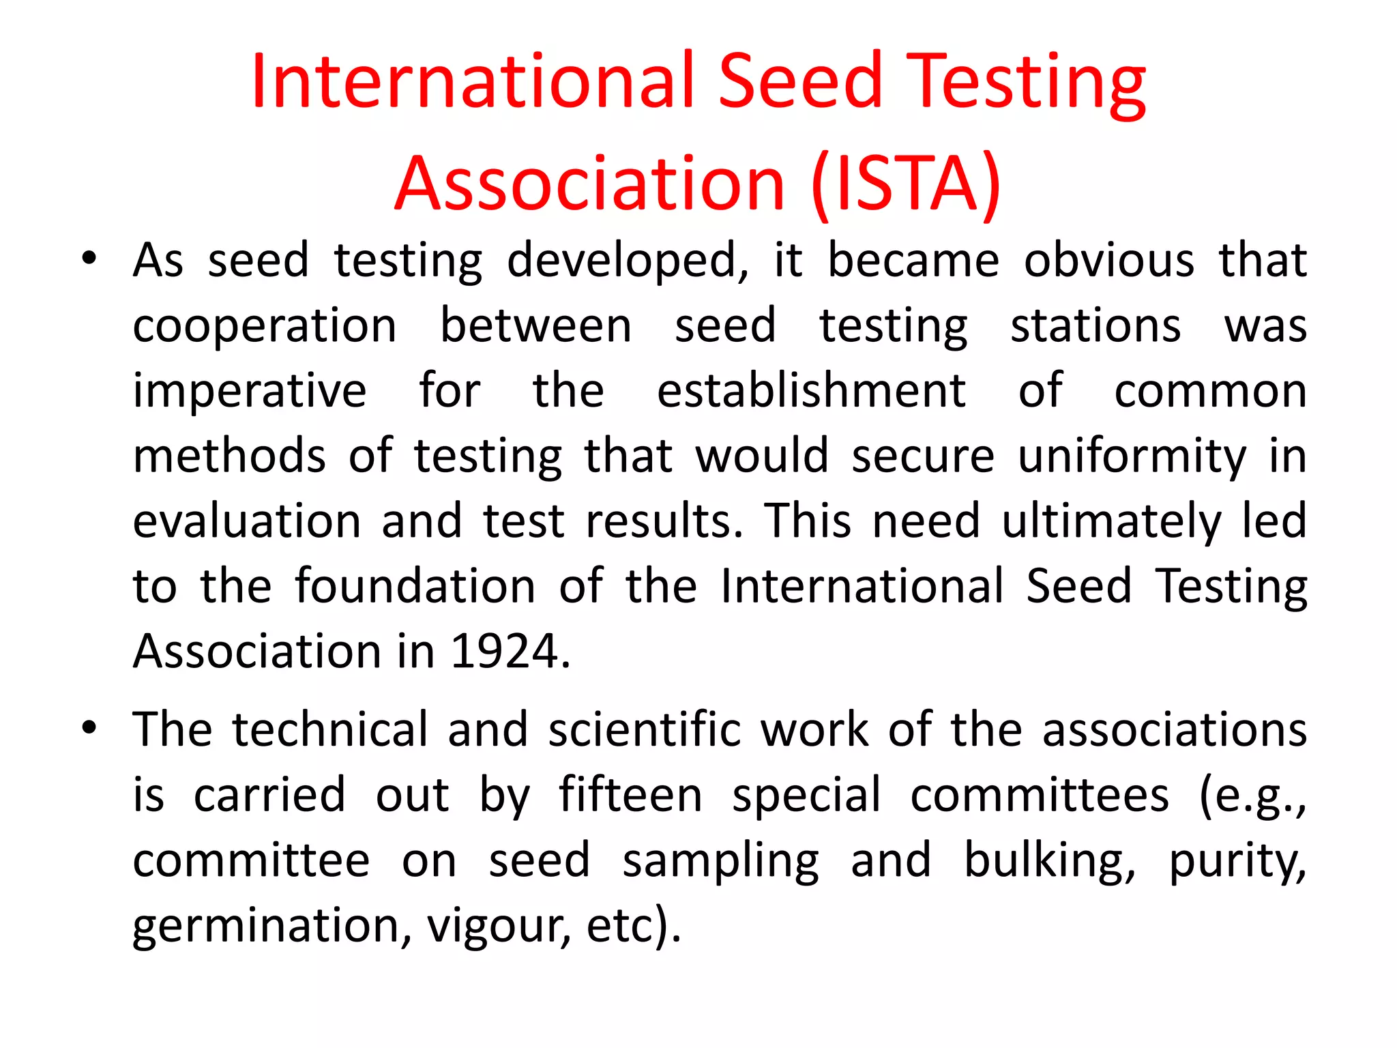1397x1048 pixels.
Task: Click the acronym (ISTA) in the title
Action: coord(906,184)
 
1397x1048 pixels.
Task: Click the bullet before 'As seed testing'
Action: coord(89,260)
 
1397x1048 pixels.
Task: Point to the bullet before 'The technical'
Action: coord(89,728)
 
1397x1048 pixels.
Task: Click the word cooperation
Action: coord(265,326)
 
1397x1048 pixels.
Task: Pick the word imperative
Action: coord(250,392)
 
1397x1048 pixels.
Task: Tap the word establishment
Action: coord(811,392)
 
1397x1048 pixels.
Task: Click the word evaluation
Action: coord(246,521)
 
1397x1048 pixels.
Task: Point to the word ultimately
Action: coord(1111,521)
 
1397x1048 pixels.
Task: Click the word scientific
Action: coord(644,729)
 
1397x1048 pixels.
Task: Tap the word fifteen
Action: coord(630,796)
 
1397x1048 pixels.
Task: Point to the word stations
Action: coord(1095,326)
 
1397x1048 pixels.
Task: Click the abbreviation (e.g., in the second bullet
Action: coord(1252,796)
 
